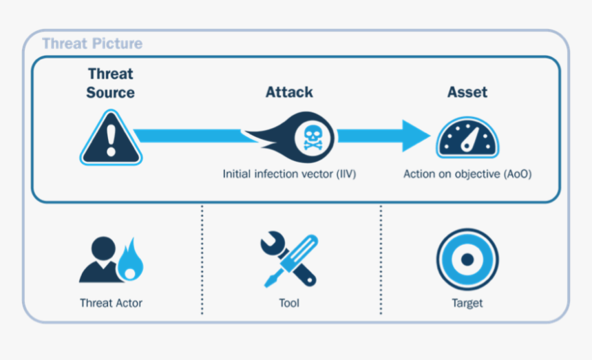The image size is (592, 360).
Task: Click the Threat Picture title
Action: (x=92, y=44)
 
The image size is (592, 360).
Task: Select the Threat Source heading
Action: (x=110, y=83)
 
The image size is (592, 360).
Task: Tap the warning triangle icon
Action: (x=111, y=140)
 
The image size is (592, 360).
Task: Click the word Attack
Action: (x=289, y=92)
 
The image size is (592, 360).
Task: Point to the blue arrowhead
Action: (x=416, y=136)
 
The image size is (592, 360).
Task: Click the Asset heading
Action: (x=467, y=92)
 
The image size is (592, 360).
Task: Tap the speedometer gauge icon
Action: (x=467, y=138)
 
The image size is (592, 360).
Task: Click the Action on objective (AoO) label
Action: (x=467, y=174)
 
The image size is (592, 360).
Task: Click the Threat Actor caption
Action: (x=111, y=303)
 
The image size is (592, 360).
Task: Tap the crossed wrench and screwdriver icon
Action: (x=289, y=261)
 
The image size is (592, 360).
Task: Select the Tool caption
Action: (x=289, y=303)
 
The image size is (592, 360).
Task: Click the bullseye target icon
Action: (x=467, y=260)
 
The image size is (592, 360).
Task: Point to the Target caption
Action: (x=467, y=303)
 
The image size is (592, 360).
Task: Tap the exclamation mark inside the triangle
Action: (x=111, y=141)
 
